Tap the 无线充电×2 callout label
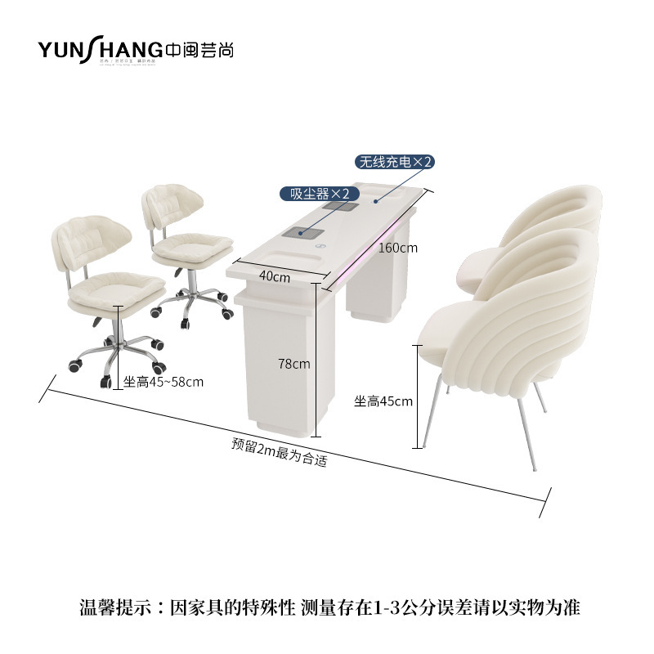pos(393,162)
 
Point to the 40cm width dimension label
pos(275,276)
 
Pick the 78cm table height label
pos(293,364)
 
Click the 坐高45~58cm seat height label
pos(163,381)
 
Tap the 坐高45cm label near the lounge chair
pos(383,401)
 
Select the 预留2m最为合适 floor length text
pos(279,453)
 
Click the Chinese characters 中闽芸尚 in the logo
pos(199,49)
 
